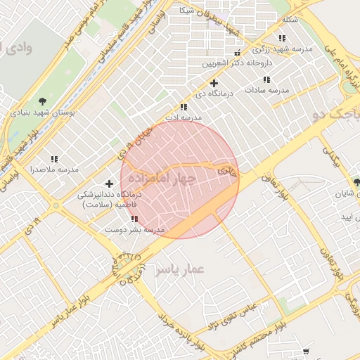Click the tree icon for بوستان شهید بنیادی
pos(43,101)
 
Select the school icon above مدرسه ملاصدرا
pos(54,160)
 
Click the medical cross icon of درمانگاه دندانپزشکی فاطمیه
pos(109,184)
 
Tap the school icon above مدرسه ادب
pos(184,107)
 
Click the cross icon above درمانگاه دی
pos(214,83)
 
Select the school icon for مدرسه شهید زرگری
pos(282,39)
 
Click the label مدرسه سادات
pos(267,90)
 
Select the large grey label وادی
pos(17,48)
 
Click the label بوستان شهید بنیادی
pos(43,112)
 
